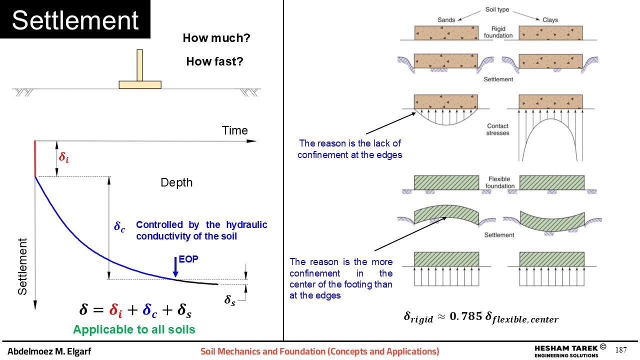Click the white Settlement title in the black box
(75, 20)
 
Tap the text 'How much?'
(216, 38)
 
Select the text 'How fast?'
(214, 61)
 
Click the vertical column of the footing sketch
(139, 65)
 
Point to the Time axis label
(235, 130)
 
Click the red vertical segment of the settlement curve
(35, 158)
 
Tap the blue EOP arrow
(175, 267)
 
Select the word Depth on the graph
(176, 182)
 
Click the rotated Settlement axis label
(22, 266)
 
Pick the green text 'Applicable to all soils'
(134, 329)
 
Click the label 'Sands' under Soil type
(446, 19)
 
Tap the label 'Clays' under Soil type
(550, 19)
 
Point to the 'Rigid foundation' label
(498, 32)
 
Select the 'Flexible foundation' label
(499, 182)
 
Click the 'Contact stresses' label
(497, 129)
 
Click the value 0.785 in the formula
(466, 316)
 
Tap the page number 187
(621, 349)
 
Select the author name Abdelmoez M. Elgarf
(49, 351)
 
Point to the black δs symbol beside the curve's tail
(229, 300)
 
